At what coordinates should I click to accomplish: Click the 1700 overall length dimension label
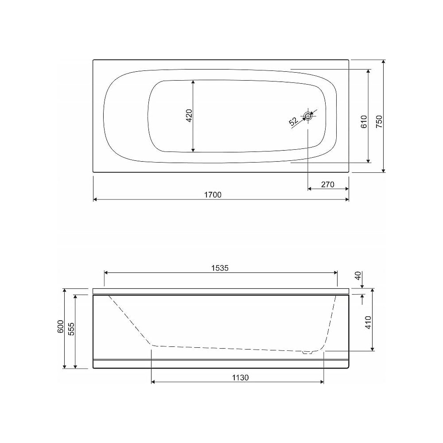(x=213, y=194)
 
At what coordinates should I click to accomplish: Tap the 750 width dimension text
(x=379, y=121)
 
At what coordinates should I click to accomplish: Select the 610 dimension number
(x=364, y=121)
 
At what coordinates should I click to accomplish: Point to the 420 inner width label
(x=189, y=116)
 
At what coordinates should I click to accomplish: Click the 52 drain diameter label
(x=294, y=121)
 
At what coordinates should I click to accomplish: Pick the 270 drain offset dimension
(x=328, y=184)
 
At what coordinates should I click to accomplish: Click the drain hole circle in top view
(x=308, y=116)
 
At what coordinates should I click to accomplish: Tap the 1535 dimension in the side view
(x=220, y=268)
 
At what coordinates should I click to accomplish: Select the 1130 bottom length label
(x=241, y=377)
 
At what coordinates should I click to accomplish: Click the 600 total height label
(x=60, y=326)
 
